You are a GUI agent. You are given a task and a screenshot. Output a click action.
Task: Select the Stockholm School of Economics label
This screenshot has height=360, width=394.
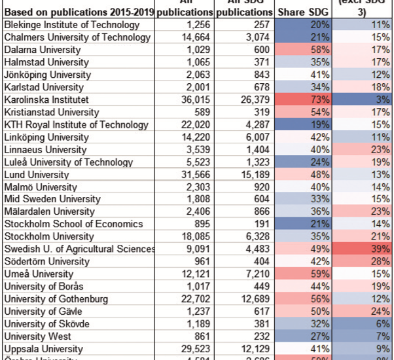(x=73, y=225)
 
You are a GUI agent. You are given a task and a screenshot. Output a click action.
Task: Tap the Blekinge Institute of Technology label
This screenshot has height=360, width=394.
(x=72, y=25)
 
